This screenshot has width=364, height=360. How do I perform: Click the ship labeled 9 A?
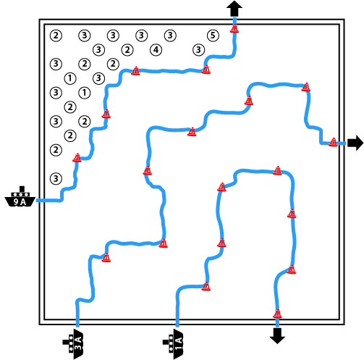(20, 197)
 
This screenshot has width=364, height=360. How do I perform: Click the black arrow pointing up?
(234, 9)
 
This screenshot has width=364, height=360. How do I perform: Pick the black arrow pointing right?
(355, 143)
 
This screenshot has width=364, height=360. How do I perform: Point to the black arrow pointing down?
(277, 336)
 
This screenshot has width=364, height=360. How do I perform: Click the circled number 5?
(213, 35)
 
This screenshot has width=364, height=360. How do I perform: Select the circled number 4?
(156, 50)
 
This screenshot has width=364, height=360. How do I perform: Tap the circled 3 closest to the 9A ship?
(56, 179)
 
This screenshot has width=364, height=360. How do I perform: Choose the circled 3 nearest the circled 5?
(198, 50)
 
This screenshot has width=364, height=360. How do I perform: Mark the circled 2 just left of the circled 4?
(127, 50)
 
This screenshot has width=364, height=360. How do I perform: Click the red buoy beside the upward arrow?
(234, 29)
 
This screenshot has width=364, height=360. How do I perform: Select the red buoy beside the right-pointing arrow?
(333, 142)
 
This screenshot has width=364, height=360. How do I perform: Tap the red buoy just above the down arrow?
(277, 314)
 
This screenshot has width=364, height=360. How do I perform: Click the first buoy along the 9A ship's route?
(77, 157)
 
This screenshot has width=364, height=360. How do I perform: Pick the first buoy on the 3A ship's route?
(106, 258)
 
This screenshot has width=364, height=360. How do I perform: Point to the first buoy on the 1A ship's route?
(206, 286)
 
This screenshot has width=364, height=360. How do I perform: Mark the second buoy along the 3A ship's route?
(164, 243)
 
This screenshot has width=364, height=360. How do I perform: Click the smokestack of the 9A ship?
(22, 188)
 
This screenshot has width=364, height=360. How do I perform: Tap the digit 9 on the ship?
(16, 201)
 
